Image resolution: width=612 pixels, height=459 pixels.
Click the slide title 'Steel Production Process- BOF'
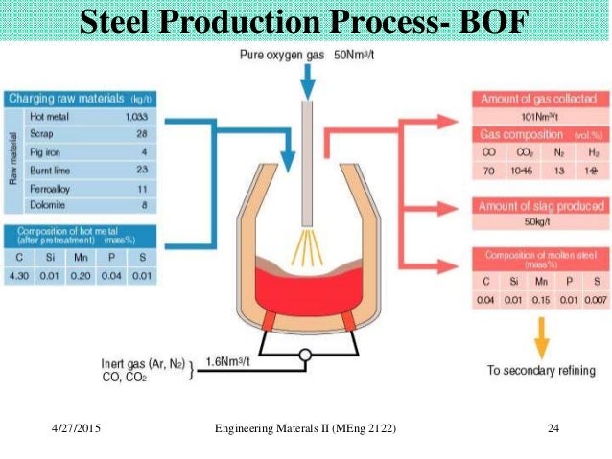[x=305, y=22]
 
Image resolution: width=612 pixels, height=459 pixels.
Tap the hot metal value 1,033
[x=142, y=115]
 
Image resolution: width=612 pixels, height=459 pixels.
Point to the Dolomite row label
[x=47, y=204]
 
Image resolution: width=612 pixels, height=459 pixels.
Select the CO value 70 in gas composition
[x=488, y=170]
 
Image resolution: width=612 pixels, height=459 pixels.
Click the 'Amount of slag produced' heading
[x=543, y=206]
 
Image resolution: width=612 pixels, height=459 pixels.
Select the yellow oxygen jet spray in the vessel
[x=308, y=246]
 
